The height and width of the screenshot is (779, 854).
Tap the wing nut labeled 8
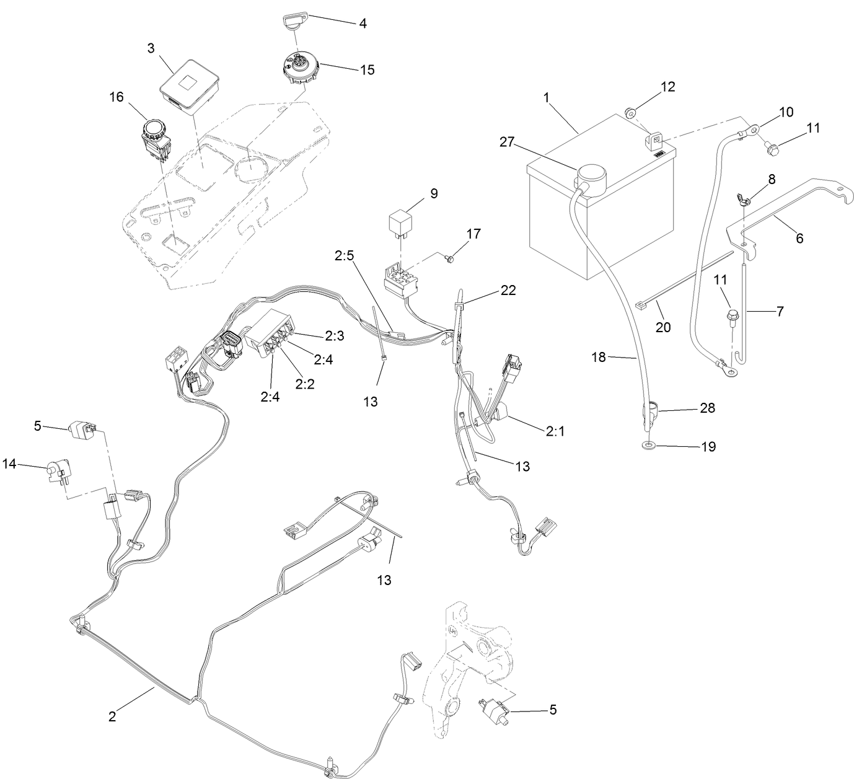(x=744, y=199)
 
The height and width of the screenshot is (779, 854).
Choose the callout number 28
(x=707, y=408)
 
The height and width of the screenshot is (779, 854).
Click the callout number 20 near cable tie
(x=663, y=326)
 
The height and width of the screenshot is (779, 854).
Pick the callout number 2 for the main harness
(x=112, y=716)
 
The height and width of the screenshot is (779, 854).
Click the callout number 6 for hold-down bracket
(x=799, y=238)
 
